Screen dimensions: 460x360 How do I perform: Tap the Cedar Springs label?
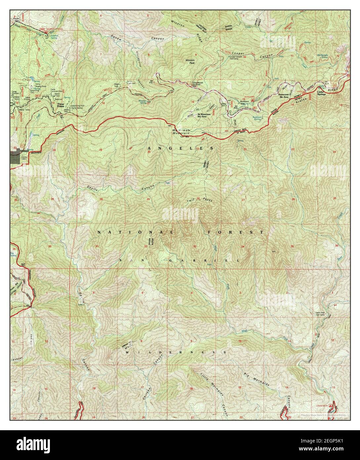click(321, 93)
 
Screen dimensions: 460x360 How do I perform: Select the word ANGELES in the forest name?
click(180, 148)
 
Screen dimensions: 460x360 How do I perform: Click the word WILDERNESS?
click(176, 352)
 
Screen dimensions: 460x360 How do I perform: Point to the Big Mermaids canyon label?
click(257, 379)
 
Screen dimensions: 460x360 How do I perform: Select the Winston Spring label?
click(142, 101)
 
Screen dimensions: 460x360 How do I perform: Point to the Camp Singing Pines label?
click(41, 85)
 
